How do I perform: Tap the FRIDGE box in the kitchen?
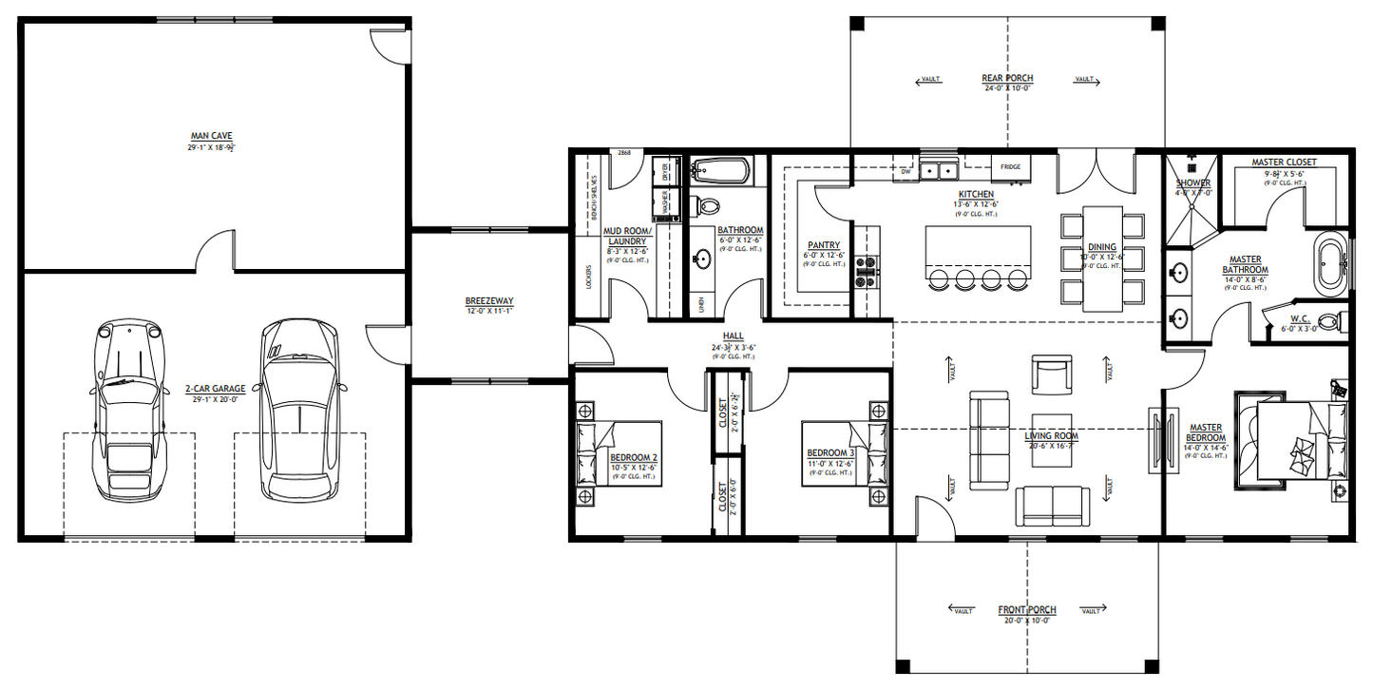coord(1010,167)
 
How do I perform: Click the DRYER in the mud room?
coord(666,172)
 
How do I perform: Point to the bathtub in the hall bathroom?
coord(719,172)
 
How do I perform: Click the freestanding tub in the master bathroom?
coord(1328,263)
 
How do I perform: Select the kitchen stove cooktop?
coord(868,271)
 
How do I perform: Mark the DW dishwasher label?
coord(906,172)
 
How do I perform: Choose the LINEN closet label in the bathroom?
coord(701,305)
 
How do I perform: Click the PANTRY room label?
coord(823,245)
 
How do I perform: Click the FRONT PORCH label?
coord(1026,610)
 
